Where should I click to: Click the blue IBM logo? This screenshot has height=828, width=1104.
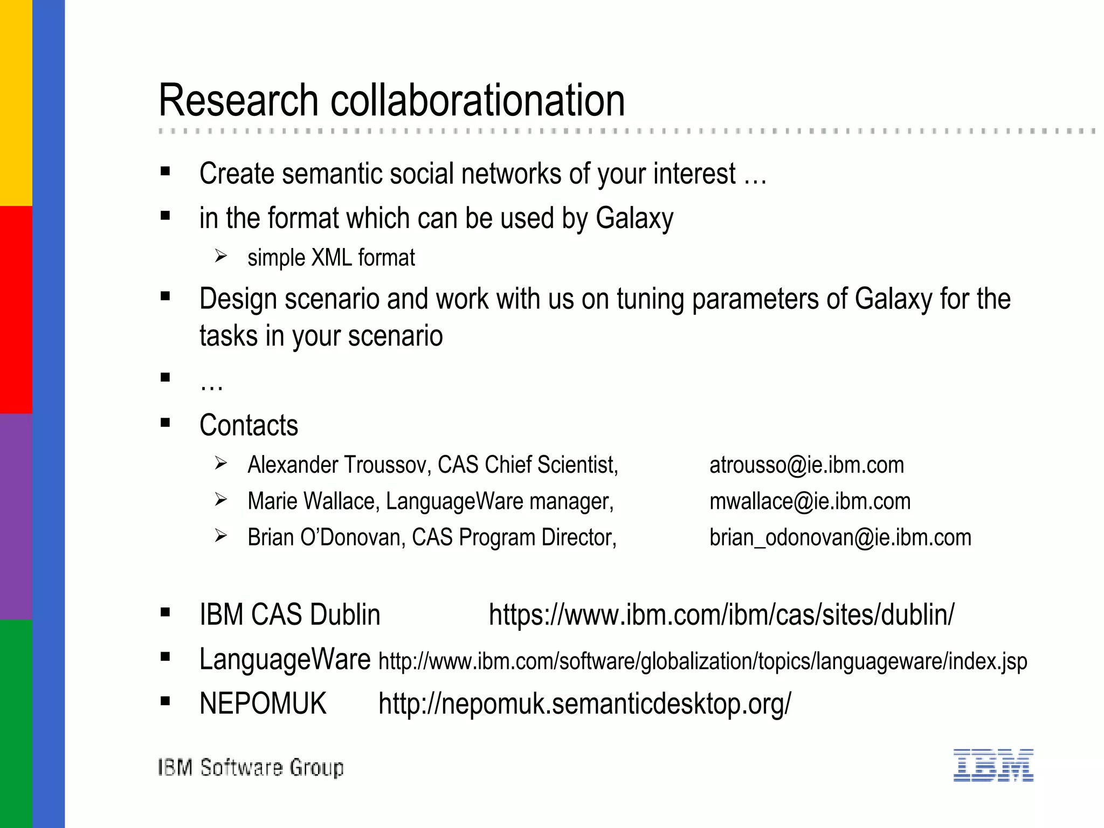click(993, 765)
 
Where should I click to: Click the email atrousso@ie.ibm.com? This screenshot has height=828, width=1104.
click(806, 465)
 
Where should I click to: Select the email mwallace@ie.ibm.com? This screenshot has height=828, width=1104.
click(810, 501)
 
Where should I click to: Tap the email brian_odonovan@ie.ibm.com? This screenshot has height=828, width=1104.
click(840, 537)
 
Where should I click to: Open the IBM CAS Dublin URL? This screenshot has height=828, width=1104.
click(721, 615)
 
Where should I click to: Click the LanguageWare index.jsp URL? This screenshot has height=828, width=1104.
click(702, 661)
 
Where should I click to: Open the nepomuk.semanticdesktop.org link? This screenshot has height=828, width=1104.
click(584, 703)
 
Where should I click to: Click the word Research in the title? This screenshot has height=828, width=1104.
click(238, 101)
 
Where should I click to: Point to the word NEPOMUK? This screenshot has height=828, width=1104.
click(263, 703)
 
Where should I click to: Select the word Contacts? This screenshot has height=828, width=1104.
click(249, 425)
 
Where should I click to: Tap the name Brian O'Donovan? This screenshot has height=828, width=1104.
click(326, 537)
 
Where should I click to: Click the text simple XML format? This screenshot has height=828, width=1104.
click(331, 258)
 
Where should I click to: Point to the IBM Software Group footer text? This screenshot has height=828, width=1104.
click(251, 767)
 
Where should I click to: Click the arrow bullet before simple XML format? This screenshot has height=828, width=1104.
click(220, 256)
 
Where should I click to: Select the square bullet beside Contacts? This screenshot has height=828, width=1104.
click(165, 423)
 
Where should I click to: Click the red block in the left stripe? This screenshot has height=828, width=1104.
click(16, 310)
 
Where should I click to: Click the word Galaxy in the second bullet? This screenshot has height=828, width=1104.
click(634, 218)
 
